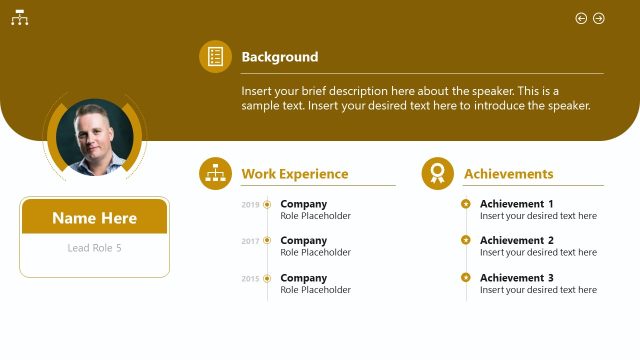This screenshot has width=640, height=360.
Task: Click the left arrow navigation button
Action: pos(581,18)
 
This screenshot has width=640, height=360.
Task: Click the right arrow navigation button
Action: pos(599,18)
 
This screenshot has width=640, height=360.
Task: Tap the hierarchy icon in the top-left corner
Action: pos(19,18)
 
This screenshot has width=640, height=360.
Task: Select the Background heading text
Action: pos(280,57)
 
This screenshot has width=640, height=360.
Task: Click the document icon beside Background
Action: pos(215,57)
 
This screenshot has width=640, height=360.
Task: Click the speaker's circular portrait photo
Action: pos(95,138)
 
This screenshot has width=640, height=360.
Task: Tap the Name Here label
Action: pos(94,218)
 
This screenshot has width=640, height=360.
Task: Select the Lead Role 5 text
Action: pos(94,248)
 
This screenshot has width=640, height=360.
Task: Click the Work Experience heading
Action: pos(294,174)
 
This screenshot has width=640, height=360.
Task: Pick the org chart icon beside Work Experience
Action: pos(215,174)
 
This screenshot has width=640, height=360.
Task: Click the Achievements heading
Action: pos(508,174)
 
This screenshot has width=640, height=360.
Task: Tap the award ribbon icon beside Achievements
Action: pos(437,174)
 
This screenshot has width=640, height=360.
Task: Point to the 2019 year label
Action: pos(250,205)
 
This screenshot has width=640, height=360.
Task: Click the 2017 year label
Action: pos(250,241)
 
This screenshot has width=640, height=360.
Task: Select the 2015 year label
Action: pos(250,279)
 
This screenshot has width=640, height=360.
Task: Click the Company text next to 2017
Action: pos(303,240)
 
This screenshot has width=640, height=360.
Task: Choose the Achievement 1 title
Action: pos(516,204)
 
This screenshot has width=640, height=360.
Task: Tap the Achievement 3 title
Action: pos(516,278)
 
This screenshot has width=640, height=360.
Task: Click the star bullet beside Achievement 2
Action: pos(466,240)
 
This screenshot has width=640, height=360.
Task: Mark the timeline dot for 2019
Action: pos(267,204)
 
